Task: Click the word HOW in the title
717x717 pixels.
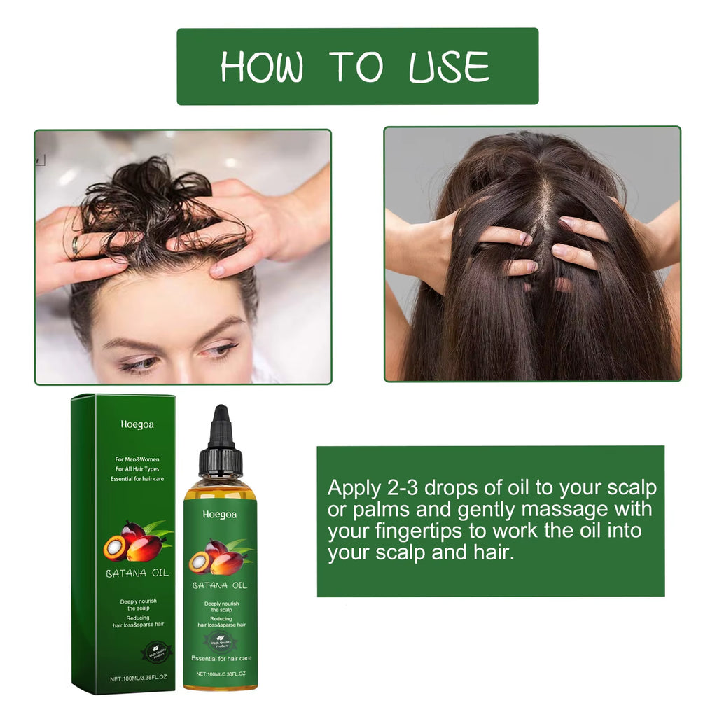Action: pos(262,67)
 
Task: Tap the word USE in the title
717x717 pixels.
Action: pos(449,67)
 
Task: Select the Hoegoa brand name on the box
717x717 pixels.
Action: pos(137,424)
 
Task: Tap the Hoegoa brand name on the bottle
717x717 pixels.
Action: pos(220,515)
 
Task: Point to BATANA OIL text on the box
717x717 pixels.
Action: pos(137,573)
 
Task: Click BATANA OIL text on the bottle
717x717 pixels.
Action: pos(220,585)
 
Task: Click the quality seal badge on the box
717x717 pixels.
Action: pos(158,652)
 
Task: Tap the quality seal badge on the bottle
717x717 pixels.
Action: pos(220,639)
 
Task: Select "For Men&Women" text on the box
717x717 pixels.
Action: pos(137,459)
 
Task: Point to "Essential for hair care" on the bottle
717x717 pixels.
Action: pos(221,658)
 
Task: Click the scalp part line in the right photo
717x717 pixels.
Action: pos(542,210)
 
